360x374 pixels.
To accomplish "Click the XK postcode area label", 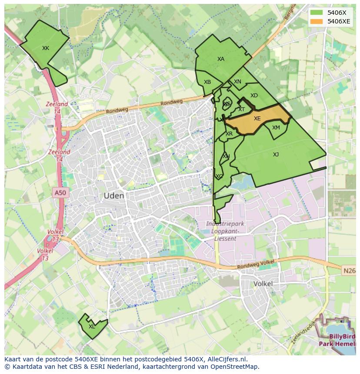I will (46, 48).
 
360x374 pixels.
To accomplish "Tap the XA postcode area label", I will (221, 59).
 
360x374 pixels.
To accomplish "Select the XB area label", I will (207, 82).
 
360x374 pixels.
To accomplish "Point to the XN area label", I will (237, 82).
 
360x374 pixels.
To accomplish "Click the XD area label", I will (254, 96).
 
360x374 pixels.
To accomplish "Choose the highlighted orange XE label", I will (257, 119).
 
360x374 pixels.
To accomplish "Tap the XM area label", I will (276, 128).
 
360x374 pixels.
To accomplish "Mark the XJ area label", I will (276, 155).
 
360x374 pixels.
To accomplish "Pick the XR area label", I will (229, 134).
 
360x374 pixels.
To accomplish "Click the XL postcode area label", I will (92, 327).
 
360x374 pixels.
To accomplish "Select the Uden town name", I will (113, 196).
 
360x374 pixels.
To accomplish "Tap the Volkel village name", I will (263, 284).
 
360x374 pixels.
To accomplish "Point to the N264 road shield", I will (349, 271).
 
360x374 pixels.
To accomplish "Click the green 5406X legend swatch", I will (317, 13).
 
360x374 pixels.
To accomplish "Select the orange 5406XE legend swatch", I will (317, 21).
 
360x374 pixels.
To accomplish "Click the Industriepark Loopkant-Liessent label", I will (225, 231).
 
